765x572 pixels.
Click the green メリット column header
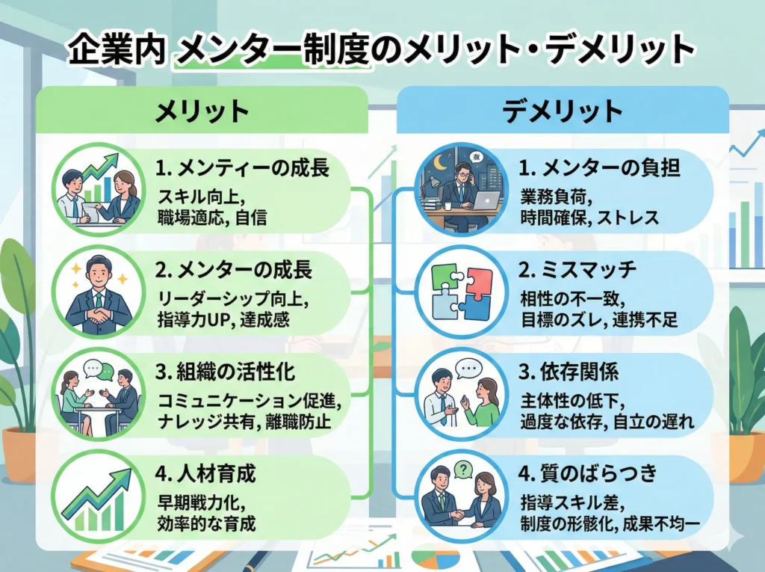[202, 111]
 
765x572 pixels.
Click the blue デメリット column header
[563, 111]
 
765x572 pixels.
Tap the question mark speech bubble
[464, 469]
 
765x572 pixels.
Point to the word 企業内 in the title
[116, 52]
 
